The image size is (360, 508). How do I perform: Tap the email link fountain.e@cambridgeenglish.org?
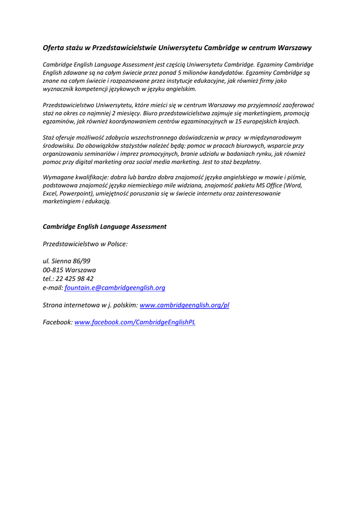click(x=115, y=288)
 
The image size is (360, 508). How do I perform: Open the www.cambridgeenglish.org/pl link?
click(x=184, y=305)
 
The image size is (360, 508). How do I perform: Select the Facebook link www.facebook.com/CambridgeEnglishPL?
click(x=135, y=322)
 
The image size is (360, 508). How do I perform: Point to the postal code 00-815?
click(x=53, y=270)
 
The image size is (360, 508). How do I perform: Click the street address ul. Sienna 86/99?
click(x=67, y=261)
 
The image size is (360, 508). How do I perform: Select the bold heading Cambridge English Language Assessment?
click(x=104, y=227)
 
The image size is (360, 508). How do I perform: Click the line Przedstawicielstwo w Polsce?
click(x=85, y=244)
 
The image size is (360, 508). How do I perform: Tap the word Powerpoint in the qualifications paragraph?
click(x=77, y=193)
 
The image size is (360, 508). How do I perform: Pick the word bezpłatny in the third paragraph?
click(x=246, y=162)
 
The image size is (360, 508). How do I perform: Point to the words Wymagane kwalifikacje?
click(x=76, y=177)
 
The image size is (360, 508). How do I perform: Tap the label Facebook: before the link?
click(x=58, y=322)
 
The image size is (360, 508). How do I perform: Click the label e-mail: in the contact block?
click(x=53, y=288)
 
